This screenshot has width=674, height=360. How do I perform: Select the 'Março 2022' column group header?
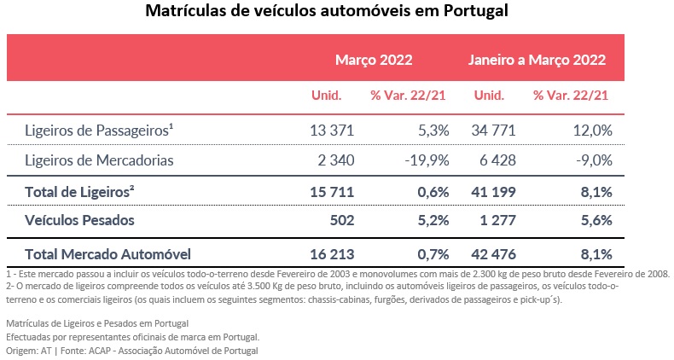tap(373, 61)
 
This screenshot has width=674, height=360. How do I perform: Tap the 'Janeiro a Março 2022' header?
tap(537, 61)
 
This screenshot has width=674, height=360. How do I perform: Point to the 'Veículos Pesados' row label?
tap(80, 220)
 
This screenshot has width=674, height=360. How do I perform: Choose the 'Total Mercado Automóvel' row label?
tap(107, 253)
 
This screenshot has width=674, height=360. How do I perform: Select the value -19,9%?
tap(428, 160)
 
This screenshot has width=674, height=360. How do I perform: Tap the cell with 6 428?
tap(494, 160)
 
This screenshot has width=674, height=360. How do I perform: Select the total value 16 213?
tap(330, 253)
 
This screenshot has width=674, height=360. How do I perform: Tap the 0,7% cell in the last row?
tap(433, 253)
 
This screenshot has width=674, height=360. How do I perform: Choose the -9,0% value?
tap(594, 160)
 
